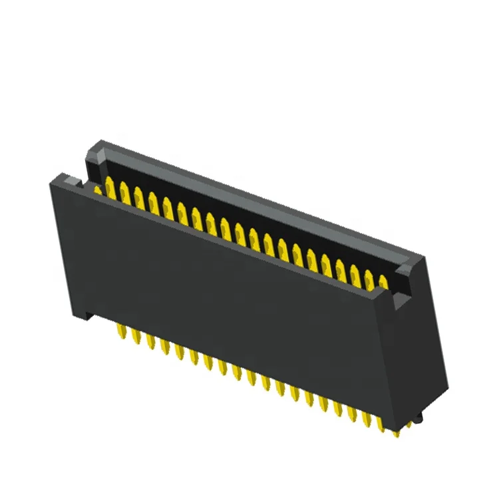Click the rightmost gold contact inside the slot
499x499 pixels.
384,282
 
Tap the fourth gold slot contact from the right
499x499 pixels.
341,267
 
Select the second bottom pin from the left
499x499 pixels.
137,337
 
